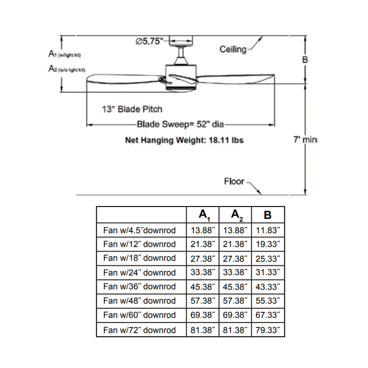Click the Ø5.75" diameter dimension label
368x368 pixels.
(x=150, y=41)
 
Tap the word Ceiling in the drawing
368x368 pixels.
(x=233, y=49)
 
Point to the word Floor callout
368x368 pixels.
(x=234, y=181)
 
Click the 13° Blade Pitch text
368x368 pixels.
(x=132, y=109)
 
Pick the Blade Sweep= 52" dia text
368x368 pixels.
(x=180, y=124)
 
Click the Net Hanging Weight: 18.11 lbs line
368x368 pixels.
(x=184, y=140)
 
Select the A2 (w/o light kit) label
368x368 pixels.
(x=67, y=69)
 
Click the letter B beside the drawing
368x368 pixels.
(x=305, y=60)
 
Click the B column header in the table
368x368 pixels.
(x=268, y=215)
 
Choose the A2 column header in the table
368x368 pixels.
(x=235, y=215)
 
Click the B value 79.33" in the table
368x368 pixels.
(x=268, y=330)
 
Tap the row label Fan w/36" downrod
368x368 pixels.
(x=140, y=287)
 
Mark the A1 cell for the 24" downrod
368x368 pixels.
(x=203, y=272)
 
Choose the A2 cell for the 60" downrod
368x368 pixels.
(x=235, y=315)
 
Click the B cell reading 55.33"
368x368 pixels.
(x=268, y=301)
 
